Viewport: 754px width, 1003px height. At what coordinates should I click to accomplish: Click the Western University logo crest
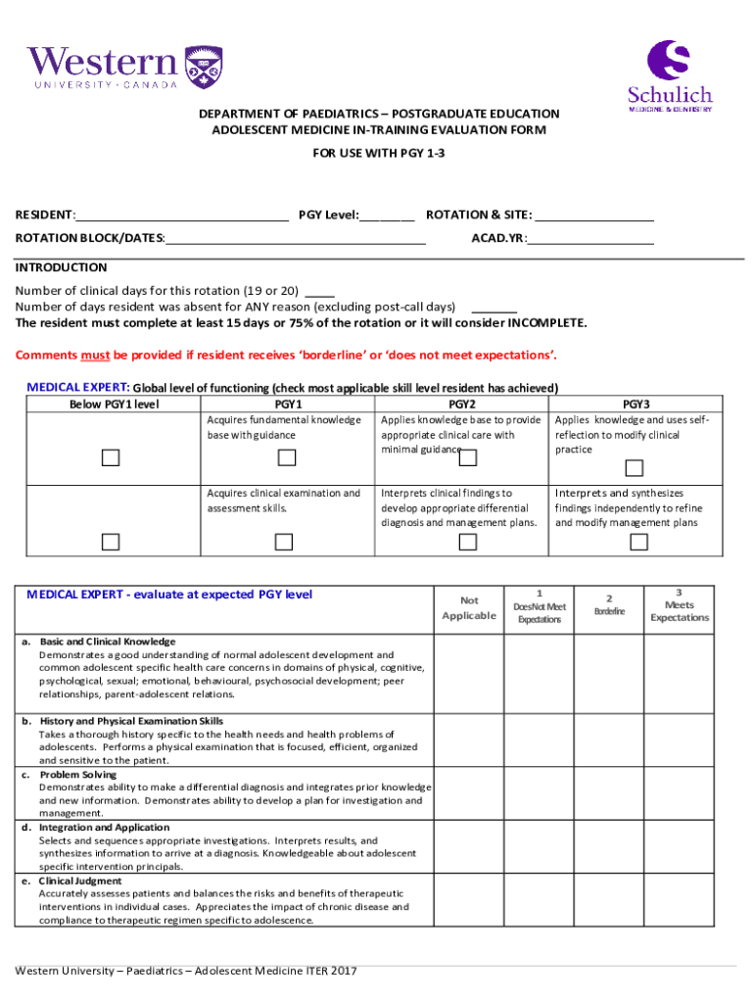coord(203,65)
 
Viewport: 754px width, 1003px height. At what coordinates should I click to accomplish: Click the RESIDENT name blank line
coord(182,215)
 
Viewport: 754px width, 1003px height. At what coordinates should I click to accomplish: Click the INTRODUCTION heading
coord(61,267)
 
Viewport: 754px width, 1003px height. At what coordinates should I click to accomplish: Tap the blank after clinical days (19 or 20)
coord(320,291)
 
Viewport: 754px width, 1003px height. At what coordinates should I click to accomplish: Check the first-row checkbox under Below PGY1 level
coord(111,457)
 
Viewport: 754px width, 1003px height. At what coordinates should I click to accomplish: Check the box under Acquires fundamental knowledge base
coord(286,457)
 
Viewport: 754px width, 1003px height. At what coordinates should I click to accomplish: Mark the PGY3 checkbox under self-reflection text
coord(635,467)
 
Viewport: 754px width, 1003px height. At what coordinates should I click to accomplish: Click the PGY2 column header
coord(461,404)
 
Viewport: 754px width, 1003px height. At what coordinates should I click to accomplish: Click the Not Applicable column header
coord(469,608)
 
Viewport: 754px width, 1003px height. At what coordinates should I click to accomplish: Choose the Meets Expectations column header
coord(680,605)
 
